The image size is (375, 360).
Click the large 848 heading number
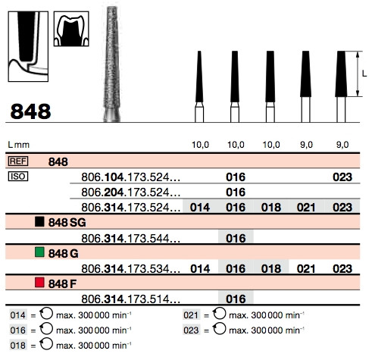(x=30, y=111)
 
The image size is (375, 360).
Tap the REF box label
(x=18, y=161)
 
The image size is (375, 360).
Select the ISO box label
(x=18, y=177)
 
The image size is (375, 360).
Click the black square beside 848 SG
(x=39, y=221)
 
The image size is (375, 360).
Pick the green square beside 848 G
(x=39, y=252)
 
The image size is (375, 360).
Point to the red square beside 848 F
(x=39, y=283)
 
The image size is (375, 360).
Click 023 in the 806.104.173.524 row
(x=342, y=177)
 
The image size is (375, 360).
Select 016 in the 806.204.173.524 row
(x=236, y=193)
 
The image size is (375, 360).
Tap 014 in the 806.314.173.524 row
(x=200, y=208)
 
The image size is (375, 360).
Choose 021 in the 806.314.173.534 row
(x=306, y=269)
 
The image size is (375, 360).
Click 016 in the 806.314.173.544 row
(x=236, y=238)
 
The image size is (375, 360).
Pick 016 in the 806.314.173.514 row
(x=236, y=299)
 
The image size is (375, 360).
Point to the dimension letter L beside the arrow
(x=364, y=74)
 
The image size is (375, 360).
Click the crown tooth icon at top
(x=71, y=29)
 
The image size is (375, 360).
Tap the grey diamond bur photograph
(x=112, y=64)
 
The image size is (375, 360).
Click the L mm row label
(x=19, y=145)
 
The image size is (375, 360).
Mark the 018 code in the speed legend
(x=18, y=346)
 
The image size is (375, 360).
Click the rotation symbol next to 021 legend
(x=219, y=314)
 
